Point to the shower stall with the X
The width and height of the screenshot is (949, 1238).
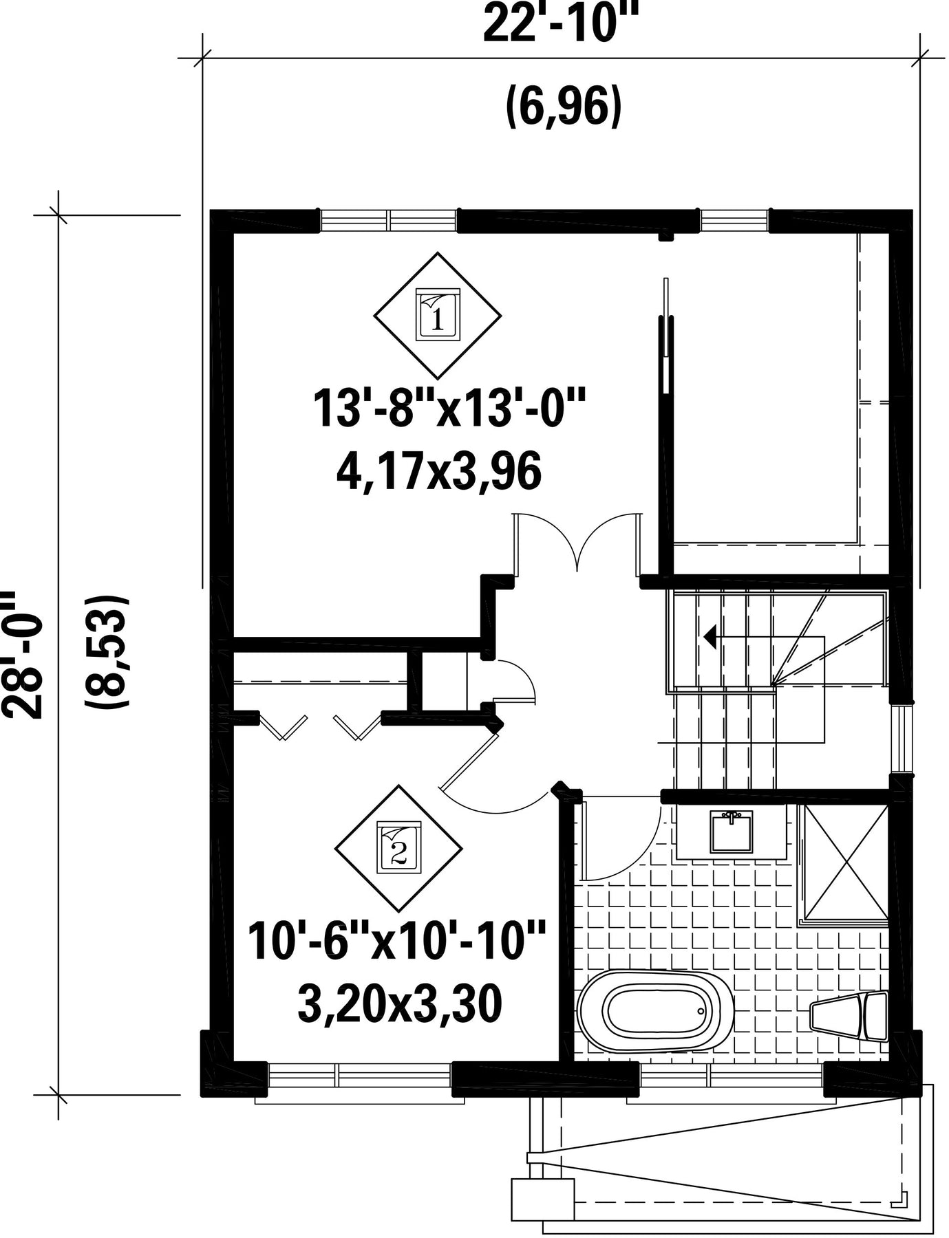[844, 862]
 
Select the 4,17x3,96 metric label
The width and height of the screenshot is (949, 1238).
[438, 474]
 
